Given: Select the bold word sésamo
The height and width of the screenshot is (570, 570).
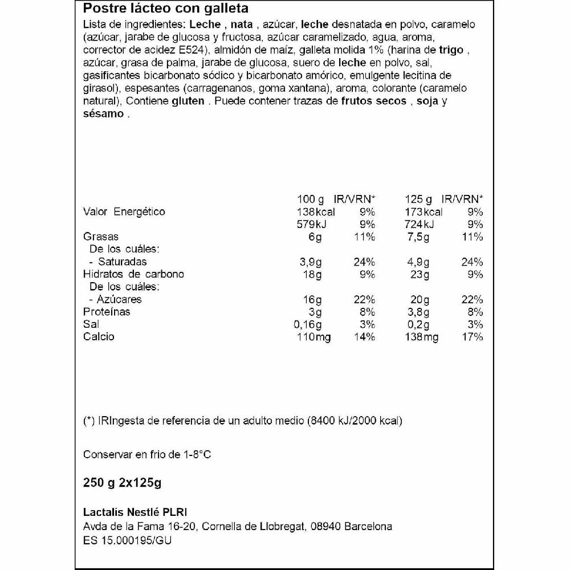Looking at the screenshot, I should [x=103, y=113].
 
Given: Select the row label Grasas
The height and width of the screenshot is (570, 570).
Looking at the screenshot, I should [x=101, y=237].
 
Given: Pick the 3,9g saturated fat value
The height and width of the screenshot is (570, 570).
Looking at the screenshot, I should [x=311, y=262].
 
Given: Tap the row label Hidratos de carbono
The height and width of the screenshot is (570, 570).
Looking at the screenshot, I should [x=134, y=274].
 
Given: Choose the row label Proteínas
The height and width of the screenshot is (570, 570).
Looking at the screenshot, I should [x=107, y=312].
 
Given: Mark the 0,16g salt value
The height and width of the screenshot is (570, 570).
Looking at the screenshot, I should [x=308, y=324].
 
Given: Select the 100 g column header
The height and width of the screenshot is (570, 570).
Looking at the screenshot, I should [x=311, y=199].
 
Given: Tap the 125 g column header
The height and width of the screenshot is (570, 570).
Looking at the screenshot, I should [x=418, y=199].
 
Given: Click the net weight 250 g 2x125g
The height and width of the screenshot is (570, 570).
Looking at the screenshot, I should [x=123, y=484].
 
